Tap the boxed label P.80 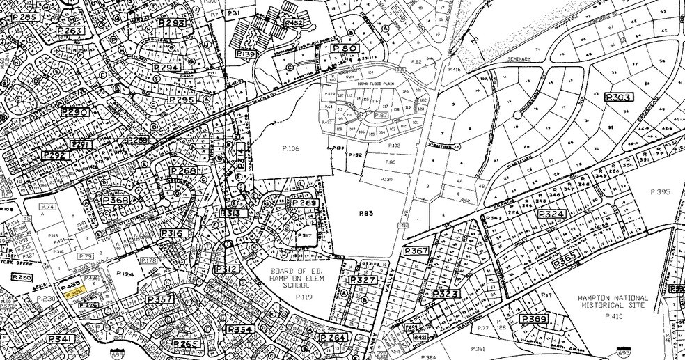click(x=345, y=49)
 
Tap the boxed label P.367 click(x=416, y=251)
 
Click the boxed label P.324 click(x=550, y=214)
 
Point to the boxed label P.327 click(x=362, y=280)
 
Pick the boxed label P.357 click(x=159, y=299)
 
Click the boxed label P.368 click(x=116, y=201)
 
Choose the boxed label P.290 click(x=75, y=112)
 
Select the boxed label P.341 click(x=61, y=339)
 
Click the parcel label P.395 click(x=659, y=191)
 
